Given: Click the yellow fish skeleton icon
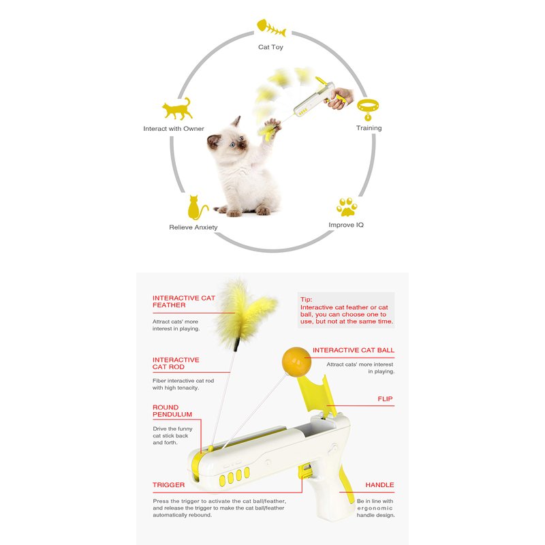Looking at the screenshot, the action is (271, 28).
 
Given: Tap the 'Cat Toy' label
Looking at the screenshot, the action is (270, 47).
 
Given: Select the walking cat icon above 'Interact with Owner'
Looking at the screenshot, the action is (177, 109).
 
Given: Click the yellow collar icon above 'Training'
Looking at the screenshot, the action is (368, 110).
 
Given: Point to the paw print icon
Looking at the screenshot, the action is (347, 207).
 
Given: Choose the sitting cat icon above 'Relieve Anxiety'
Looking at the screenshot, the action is (197, 208).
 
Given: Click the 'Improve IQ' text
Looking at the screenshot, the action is (346, 225).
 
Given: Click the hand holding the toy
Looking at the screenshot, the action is (338, 98).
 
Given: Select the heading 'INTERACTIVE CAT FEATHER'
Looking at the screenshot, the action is (184, 301).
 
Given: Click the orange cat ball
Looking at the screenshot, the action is (296, 362).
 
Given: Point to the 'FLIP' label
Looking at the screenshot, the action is (385, 399).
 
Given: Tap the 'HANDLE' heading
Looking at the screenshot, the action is (379, 485).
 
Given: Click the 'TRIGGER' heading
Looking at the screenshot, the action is (168, 485).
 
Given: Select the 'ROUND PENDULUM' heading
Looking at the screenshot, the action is (172, 411).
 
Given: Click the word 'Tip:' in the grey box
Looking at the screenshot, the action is (306, 299).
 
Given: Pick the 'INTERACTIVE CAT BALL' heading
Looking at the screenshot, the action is (354, 350).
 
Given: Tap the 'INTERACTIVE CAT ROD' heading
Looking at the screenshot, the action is (176, 363).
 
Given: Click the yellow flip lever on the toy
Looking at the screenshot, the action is (317, 394).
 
